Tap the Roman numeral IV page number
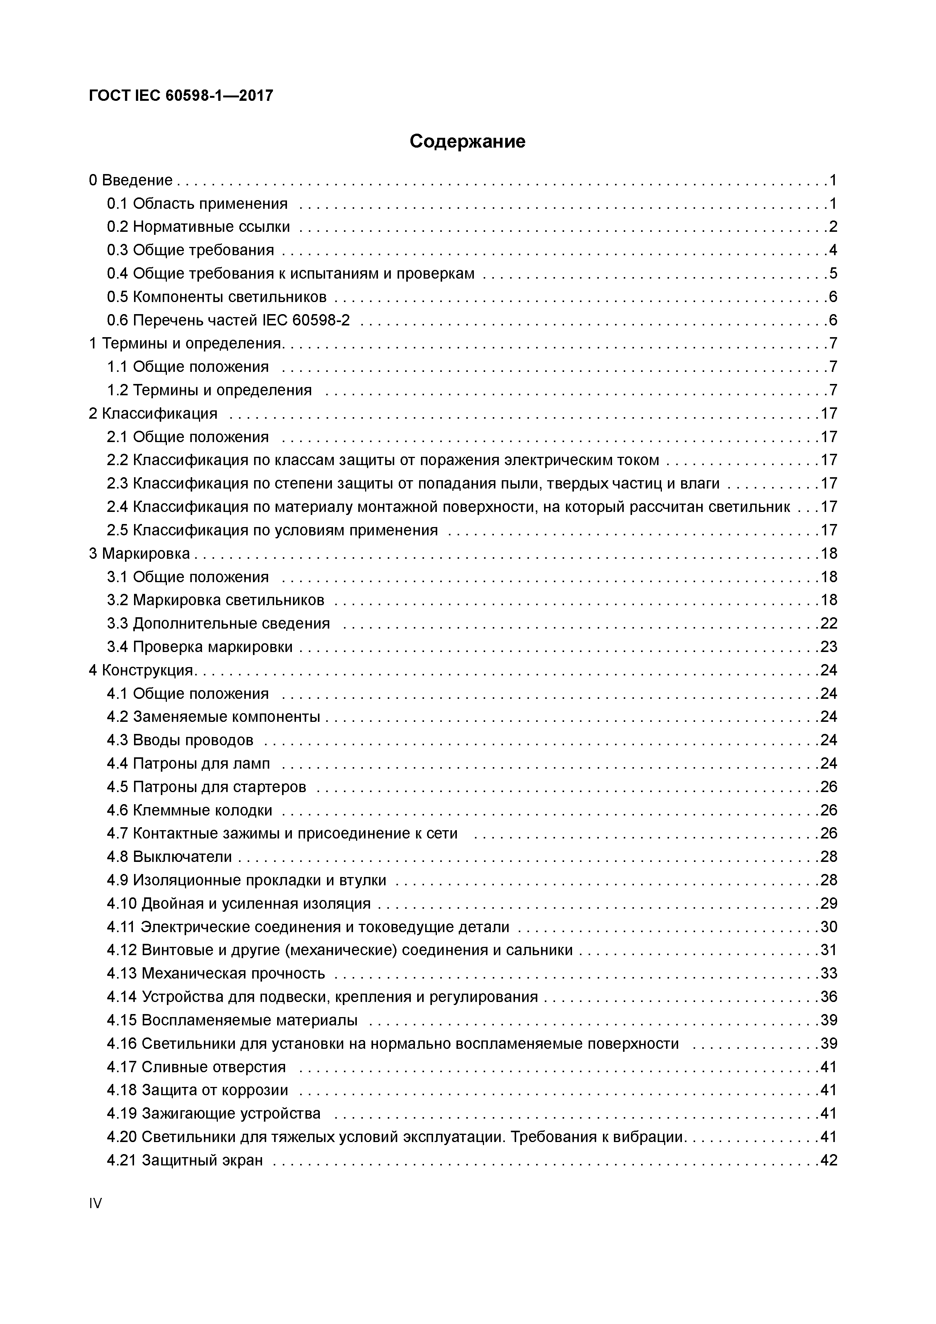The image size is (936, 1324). pos(95,1203)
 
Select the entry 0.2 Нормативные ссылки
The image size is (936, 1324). pos(198,227)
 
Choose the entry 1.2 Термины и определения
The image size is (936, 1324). pos(209,390)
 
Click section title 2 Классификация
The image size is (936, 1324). pos(153,413)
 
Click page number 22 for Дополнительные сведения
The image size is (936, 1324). pos(829,623)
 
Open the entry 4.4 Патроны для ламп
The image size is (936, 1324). pos(188,763)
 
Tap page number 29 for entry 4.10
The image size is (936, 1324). pos(829,903)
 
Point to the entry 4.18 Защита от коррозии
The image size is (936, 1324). pos(197,1090)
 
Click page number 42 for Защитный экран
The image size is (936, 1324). pos(829,1160)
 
